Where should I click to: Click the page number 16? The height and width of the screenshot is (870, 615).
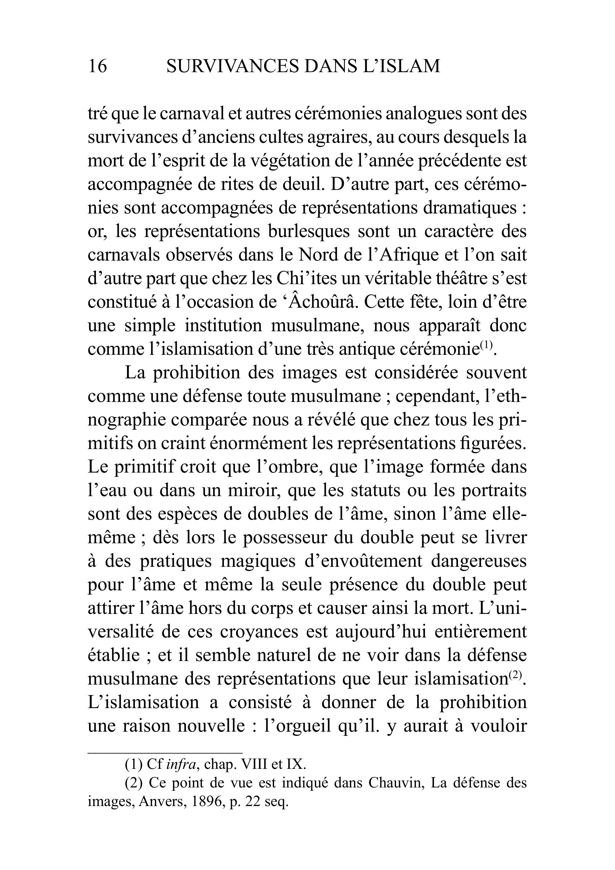[97, 66]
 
